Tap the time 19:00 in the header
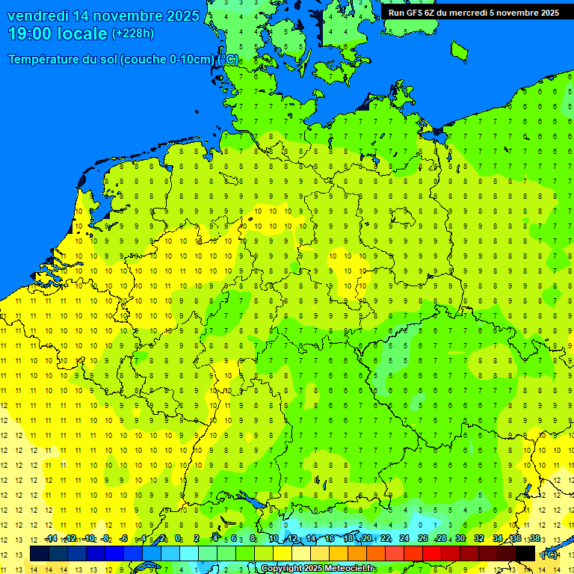(30, 34)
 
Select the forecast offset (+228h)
(132, 34)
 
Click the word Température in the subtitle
(46, 60)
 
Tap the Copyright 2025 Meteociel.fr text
(318, 569)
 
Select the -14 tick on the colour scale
(51, 539)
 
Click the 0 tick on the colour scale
(178, 539)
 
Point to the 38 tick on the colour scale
(535, 539)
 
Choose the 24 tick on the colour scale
(404, 539)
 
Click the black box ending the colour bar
(526, 553)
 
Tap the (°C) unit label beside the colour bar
(550, 555)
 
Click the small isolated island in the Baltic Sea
(459, 50)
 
